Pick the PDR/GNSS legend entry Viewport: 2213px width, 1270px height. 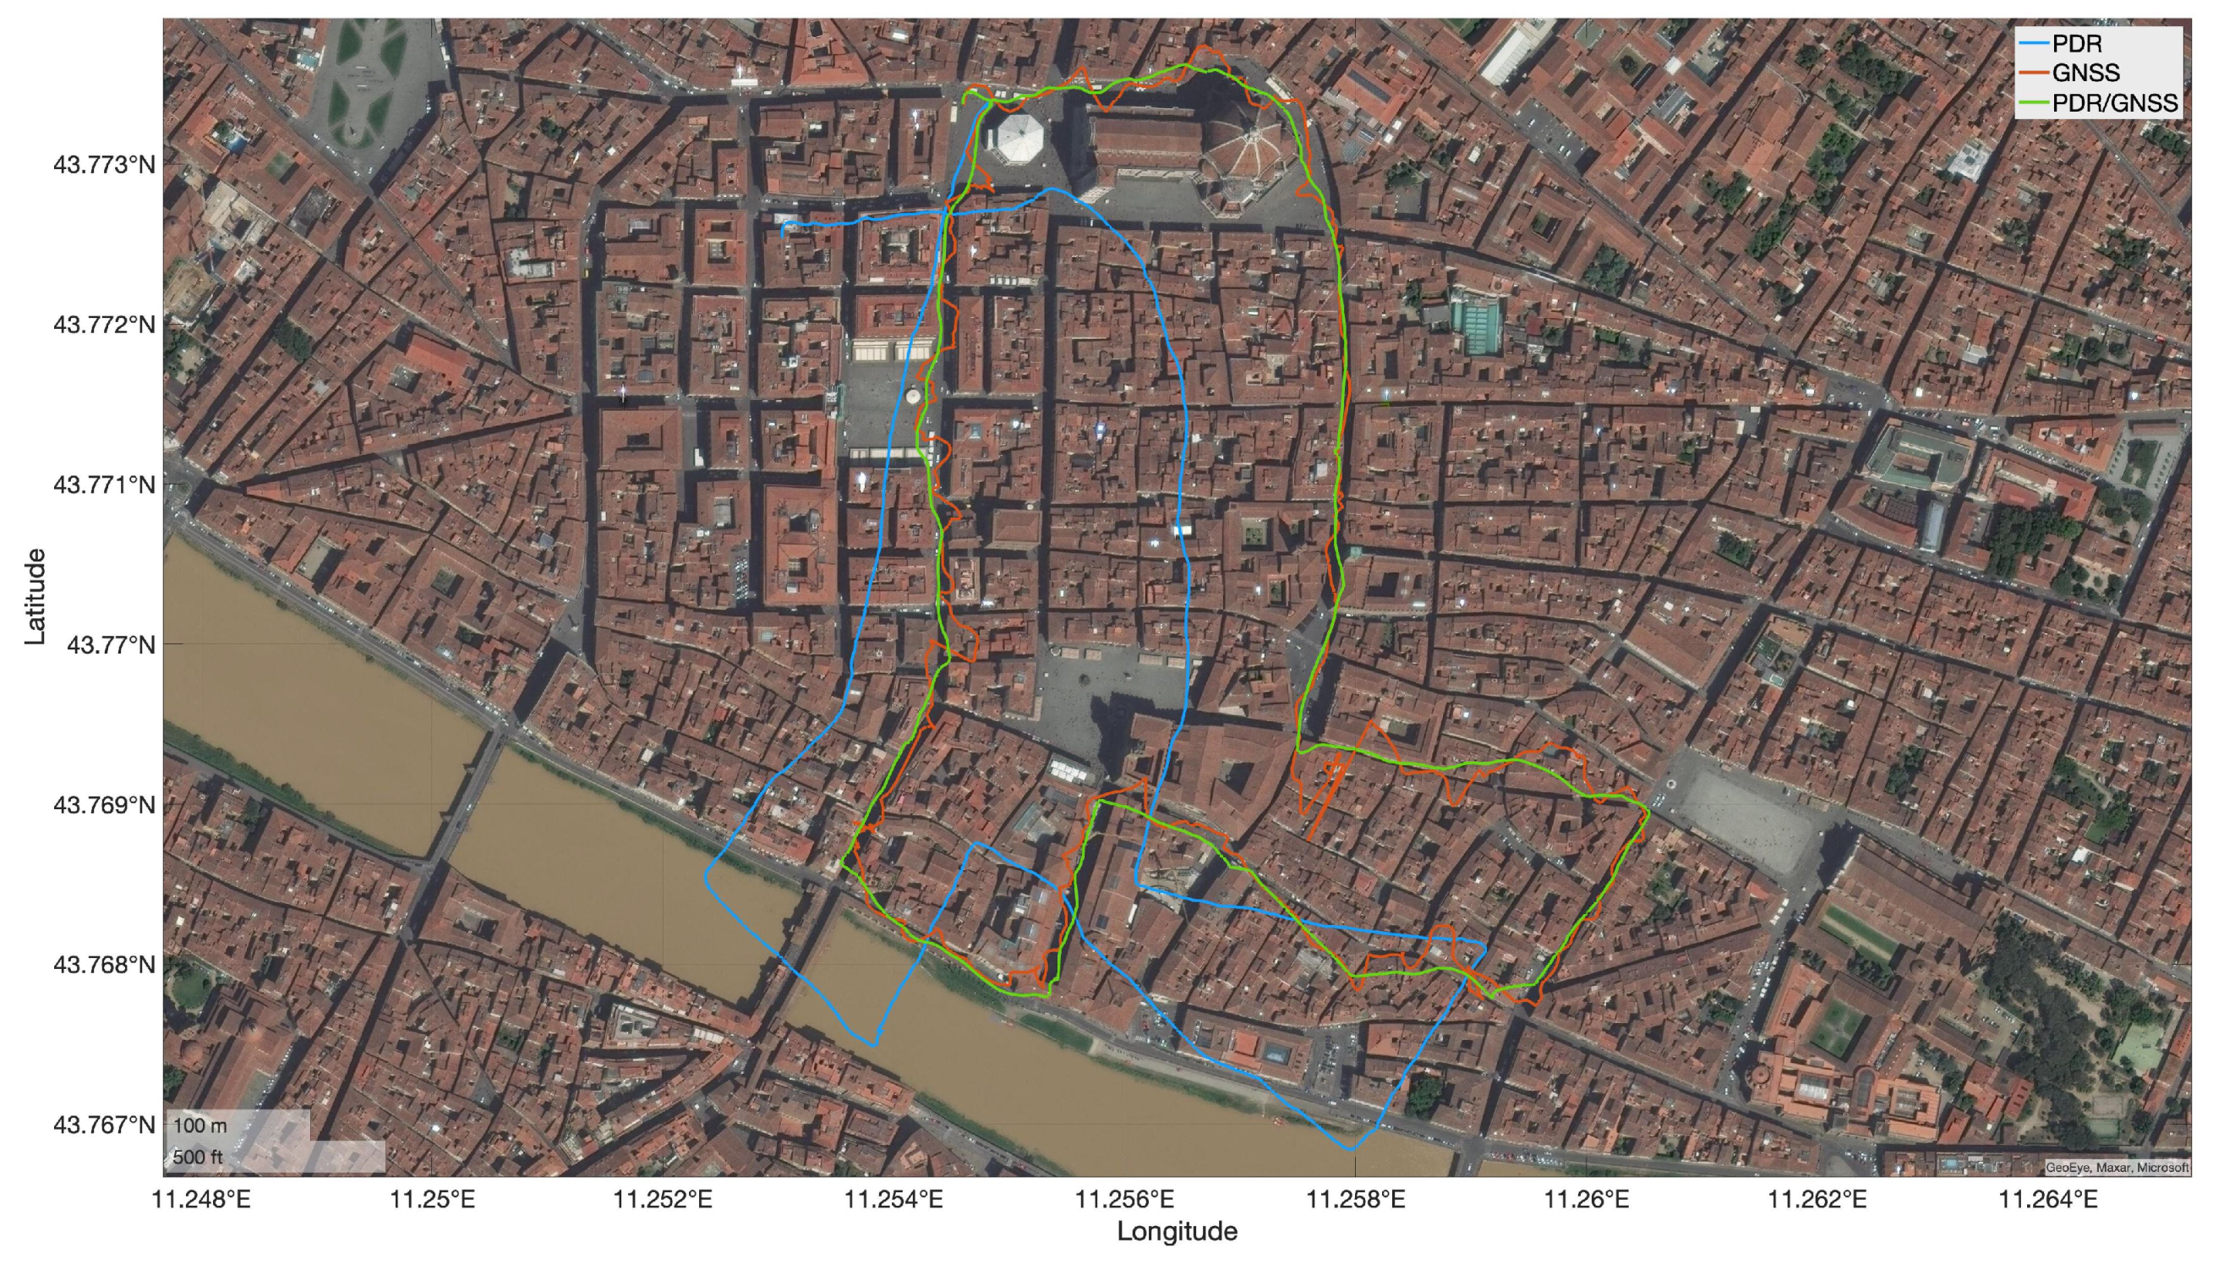2113,103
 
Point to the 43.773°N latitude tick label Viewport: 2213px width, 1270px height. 104,165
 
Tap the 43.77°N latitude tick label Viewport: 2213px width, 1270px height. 111,644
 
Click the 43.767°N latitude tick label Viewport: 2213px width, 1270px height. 104,1125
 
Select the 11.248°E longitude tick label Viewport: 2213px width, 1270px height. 201,1200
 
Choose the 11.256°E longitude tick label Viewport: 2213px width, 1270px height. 1125,1200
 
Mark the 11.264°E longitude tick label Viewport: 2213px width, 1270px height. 2047,1200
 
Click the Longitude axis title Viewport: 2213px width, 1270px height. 1178,1232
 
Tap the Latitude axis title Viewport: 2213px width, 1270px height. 35,597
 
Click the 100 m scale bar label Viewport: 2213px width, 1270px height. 199,1126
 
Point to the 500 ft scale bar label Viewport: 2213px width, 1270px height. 198,1158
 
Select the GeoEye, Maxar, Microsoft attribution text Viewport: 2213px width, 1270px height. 2117,1167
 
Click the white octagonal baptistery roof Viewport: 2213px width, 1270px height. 1020,138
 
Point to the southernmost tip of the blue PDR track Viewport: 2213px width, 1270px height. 1351,1150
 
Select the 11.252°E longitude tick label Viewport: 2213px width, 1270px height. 663,1200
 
